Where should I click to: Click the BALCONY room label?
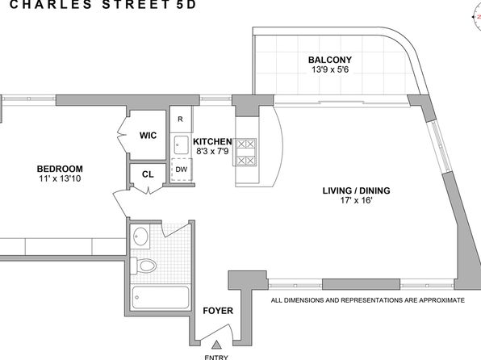(330, 60)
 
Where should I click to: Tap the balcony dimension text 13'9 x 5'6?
(330, 69)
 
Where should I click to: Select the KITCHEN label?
(212, 141)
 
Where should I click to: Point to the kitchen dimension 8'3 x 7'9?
(212, 151)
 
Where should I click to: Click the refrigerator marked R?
(181, 119)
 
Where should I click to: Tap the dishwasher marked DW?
(182, 170)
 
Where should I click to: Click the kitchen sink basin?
(181, 144)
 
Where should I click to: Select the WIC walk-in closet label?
(148, 136)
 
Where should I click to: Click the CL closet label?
(148, 174)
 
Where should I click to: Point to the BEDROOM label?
(60, 169)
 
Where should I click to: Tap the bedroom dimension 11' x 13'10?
(60, 178)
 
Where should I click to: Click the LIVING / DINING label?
(356, 190)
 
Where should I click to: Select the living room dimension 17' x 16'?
(356, 200)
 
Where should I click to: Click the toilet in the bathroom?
(144, 266)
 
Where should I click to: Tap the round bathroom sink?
(140, 237)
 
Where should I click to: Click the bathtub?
(160, 297)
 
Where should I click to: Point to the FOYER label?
(218, 311)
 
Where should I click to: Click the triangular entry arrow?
(217, 345)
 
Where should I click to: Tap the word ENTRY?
(216, 358)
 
